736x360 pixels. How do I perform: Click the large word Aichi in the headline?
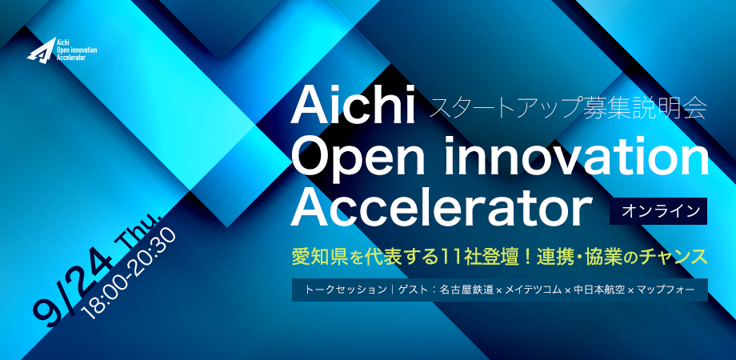pyautogui.click(x=353, y=107)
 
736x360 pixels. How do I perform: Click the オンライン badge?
pyautogui.click(x=658, y=211)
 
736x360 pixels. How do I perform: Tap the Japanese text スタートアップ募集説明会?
pyautogui.click(x=567, y=109)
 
